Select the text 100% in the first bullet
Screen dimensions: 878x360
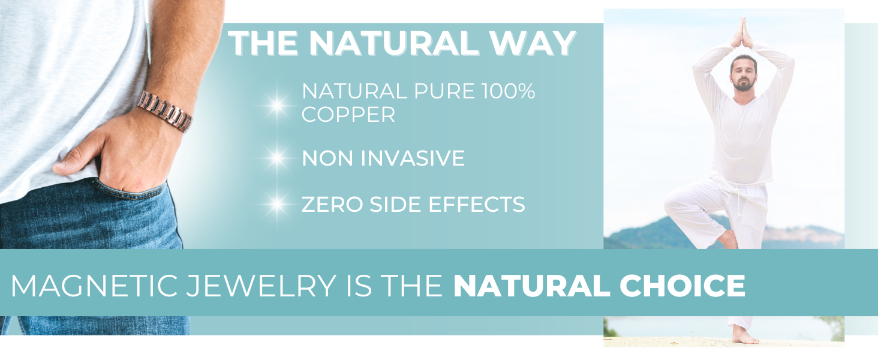point(509,91)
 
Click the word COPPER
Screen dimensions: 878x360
point(348,115)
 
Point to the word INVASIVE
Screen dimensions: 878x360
point(413,158)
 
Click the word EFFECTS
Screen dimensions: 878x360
point(477,205)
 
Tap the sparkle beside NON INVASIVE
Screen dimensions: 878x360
point(277,158)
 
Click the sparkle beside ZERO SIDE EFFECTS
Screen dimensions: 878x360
point(277,204)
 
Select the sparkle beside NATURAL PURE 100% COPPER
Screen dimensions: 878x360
point(277,105)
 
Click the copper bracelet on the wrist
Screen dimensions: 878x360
point(164,111)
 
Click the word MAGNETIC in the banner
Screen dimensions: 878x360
point(94,286)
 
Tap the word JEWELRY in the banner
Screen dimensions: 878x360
point(261,286)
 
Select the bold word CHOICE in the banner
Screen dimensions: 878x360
point(682,286)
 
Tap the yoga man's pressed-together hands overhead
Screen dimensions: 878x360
point(742,34)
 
